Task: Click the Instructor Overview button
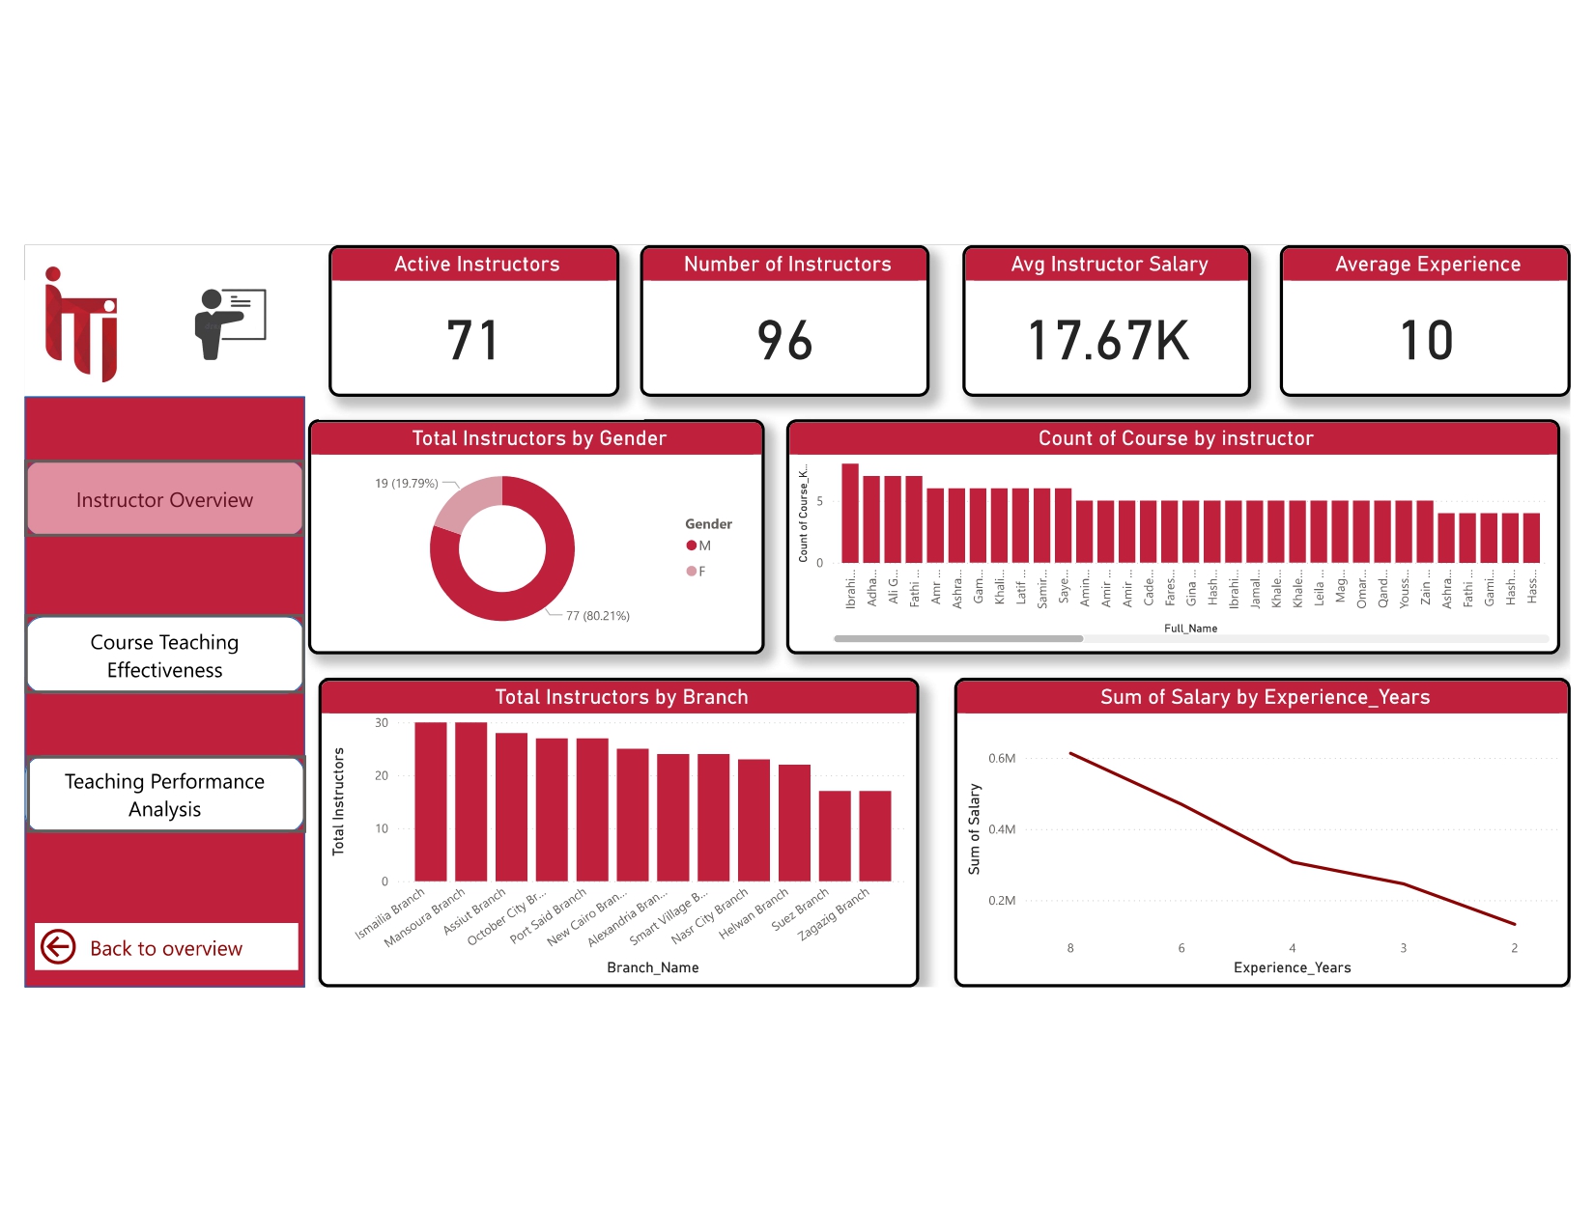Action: (164, 499)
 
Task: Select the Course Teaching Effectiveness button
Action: (164, 656)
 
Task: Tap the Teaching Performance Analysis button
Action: (164, 795)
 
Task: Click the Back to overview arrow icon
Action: (58, 947)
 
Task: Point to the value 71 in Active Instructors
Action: (472, 341)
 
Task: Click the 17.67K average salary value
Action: (1108, 341)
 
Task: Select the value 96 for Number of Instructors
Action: (784, 341)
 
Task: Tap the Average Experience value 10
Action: (1426, 341)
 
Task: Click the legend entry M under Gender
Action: (699, 546)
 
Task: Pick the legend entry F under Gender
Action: (697, 571)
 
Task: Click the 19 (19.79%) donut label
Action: (406, 483)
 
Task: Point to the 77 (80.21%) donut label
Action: (597, 616)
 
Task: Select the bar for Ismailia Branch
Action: (431, 801)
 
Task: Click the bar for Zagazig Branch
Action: (875, 835)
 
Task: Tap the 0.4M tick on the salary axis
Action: (1002, 829)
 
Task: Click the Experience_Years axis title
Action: (1292, 967)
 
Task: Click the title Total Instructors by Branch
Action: (621, 697)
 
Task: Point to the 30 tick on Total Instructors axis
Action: (382, 722)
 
